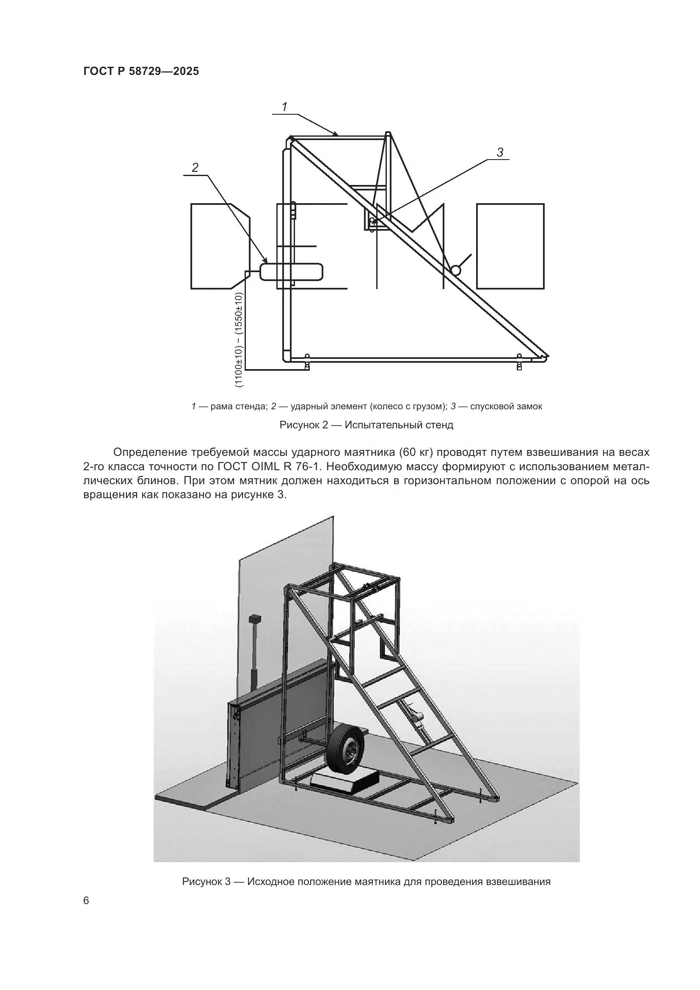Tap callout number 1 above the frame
click(284, 107)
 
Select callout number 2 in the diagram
click(195, 168)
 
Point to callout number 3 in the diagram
click(500, 152)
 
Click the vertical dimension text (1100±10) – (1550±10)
click(239, 339)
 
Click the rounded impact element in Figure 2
click(291, 272)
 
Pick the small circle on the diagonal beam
click(455, 270)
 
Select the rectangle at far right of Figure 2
click(510, 246)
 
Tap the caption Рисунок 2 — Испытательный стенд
click(367, 425)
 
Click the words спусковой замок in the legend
click(506, 406)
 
